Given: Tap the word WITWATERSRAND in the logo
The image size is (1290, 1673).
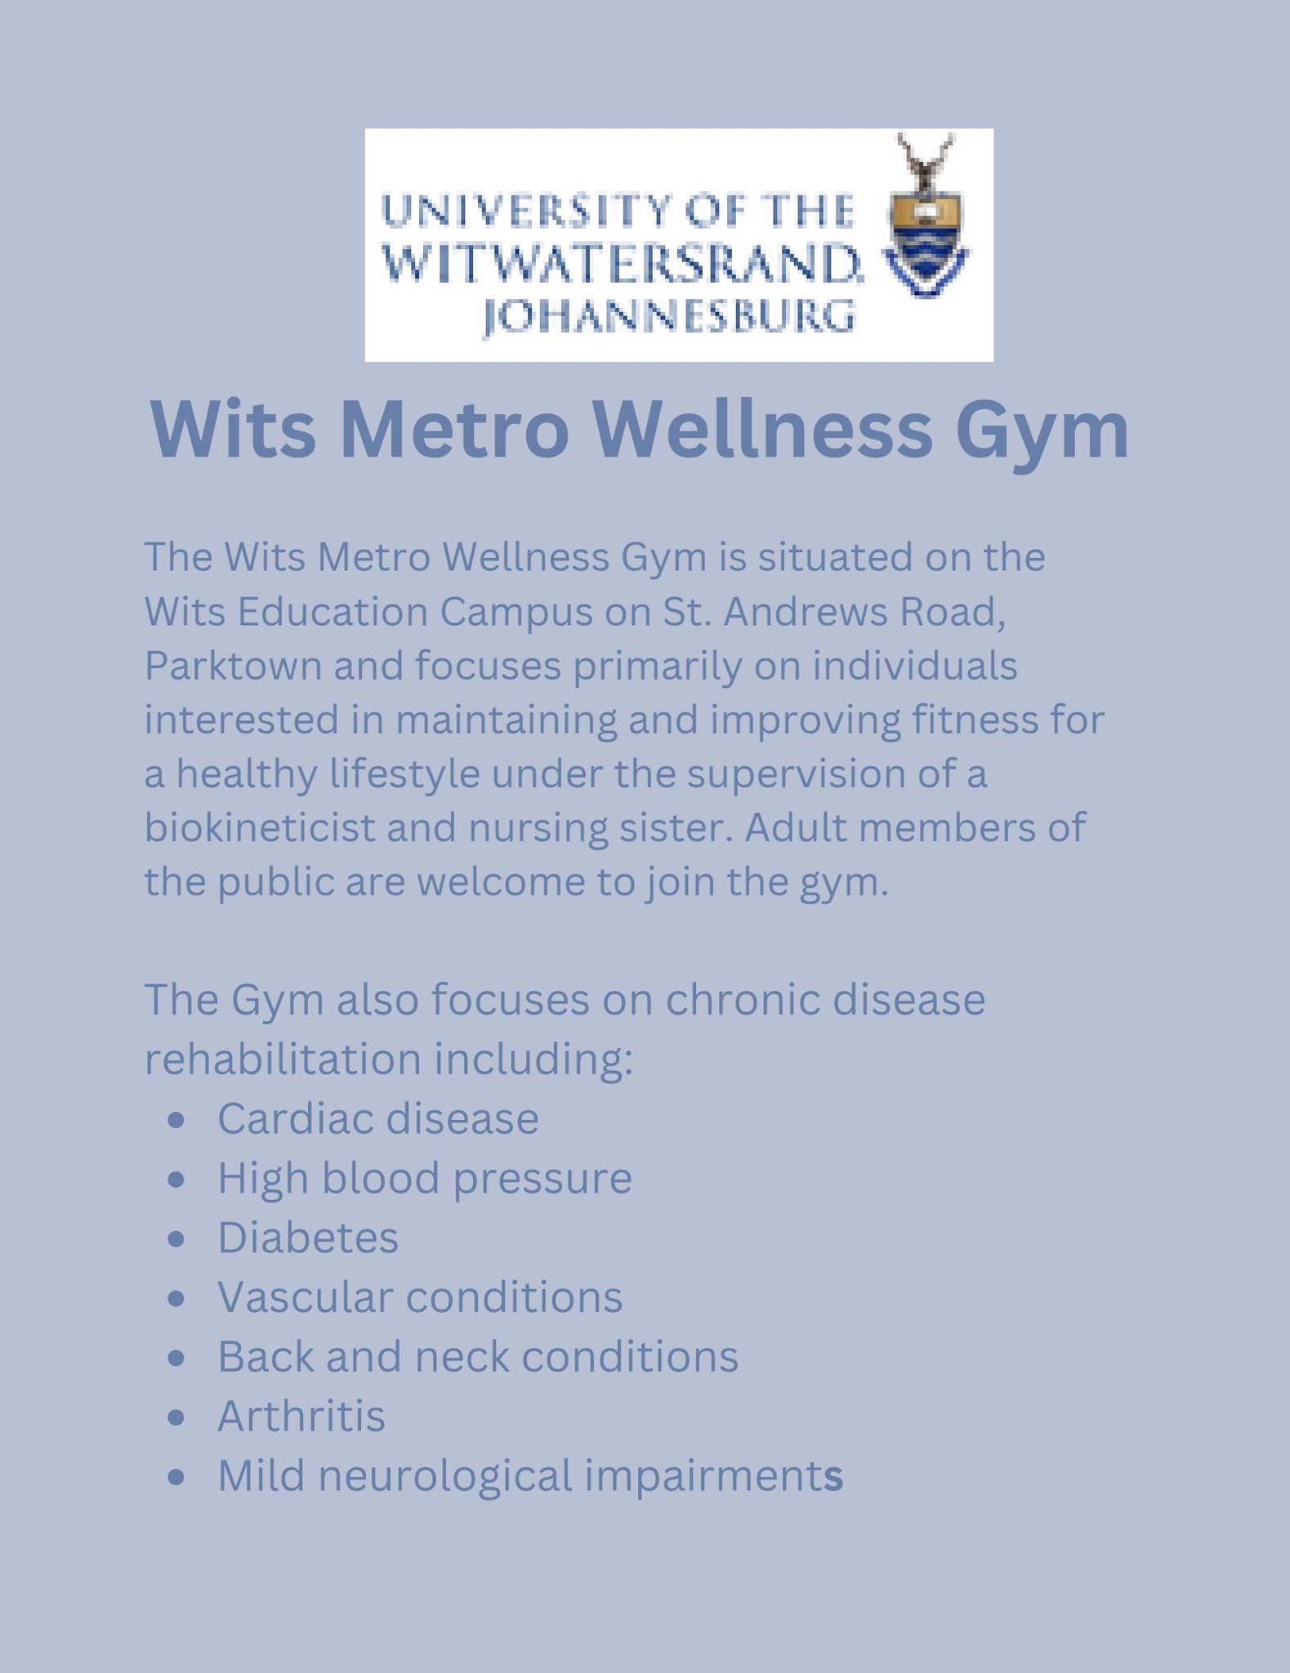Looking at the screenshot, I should point(621,263).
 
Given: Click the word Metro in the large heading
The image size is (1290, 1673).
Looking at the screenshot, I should point(453,430).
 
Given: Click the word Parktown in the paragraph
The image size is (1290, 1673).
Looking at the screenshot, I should point(233,666).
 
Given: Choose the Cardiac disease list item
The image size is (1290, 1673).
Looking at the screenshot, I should point(377,1118).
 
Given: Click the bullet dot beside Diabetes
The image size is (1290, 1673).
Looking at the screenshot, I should point(176,1239).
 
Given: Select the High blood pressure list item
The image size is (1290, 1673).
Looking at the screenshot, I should point(424,1178).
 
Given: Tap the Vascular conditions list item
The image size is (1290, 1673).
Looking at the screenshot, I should point(419,1297).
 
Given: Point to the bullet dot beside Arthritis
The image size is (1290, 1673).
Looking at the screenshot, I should point(176,1417).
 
